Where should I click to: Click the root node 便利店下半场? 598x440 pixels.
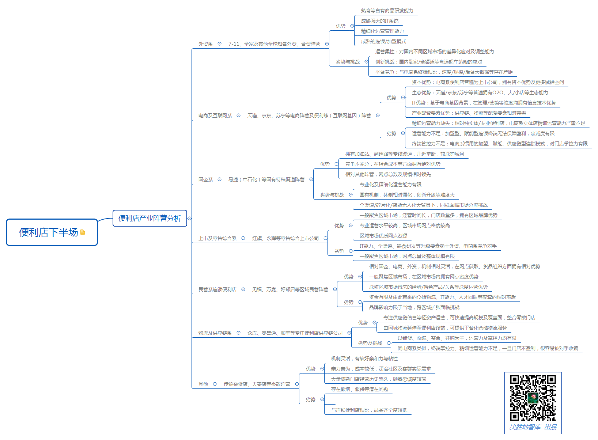click(48, 232)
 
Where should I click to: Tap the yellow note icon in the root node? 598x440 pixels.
click(83, 232)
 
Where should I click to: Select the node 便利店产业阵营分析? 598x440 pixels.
click(149, 218)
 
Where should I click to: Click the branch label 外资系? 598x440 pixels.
click(205, 44)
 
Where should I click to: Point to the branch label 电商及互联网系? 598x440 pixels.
click(215, 115)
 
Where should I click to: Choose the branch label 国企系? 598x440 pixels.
click(205, 179)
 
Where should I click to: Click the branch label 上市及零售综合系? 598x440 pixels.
click(217, 238)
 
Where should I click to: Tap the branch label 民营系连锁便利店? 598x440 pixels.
click(217, 289)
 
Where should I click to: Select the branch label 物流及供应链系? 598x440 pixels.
click(215, 333)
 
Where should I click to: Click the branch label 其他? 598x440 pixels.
click(203, 384)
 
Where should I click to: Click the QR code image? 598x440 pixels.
click(533, 398)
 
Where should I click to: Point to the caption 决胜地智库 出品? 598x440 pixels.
click(533, 427)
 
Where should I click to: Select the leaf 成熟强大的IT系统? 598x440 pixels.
click(379, 21)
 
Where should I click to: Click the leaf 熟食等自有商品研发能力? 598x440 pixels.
click(387, 11)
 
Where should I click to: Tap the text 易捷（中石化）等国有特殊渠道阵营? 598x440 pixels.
click(266, 179)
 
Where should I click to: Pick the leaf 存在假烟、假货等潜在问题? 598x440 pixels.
click(359, 389)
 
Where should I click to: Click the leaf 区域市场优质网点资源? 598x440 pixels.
click(383, 236)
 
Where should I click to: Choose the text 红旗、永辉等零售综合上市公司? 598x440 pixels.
click(285, 238)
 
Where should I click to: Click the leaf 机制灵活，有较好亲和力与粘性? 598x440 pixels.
click(364, 359)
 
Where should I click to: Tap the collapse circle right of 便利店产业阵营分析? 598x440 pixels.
click(190, 218)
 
